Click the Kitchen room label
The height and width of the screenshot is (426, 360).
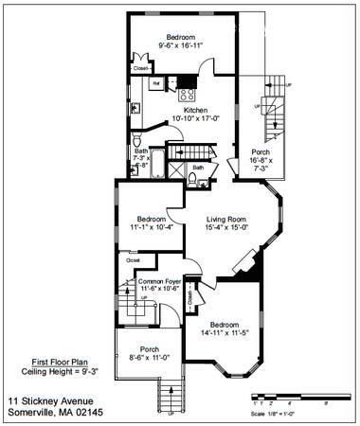(195, 110)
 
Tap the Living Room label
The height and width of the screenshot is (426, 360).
(226, 220)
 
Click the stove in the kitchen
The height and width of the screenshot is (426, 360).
(187, 93)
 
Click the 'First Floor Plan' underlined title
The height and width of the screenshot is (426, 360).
(52, 362)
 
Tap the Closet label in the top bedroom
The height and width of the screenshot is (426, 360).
(140, 68)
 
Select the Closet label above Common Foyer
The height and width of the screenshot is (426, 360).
(133, 259)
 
